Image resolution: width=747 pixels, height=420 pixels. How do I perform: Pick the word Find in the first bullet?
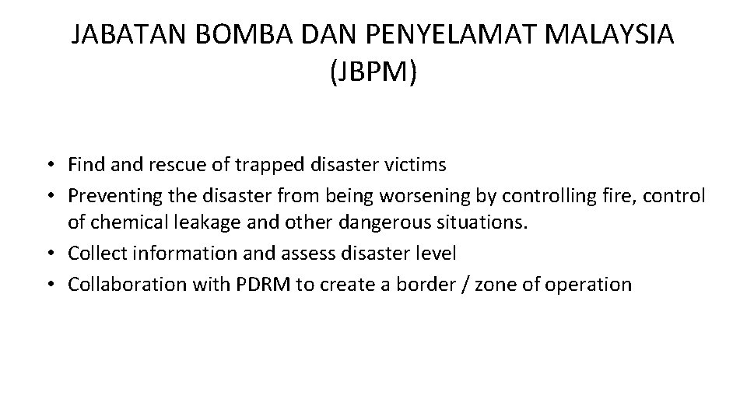click(83, 165)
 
